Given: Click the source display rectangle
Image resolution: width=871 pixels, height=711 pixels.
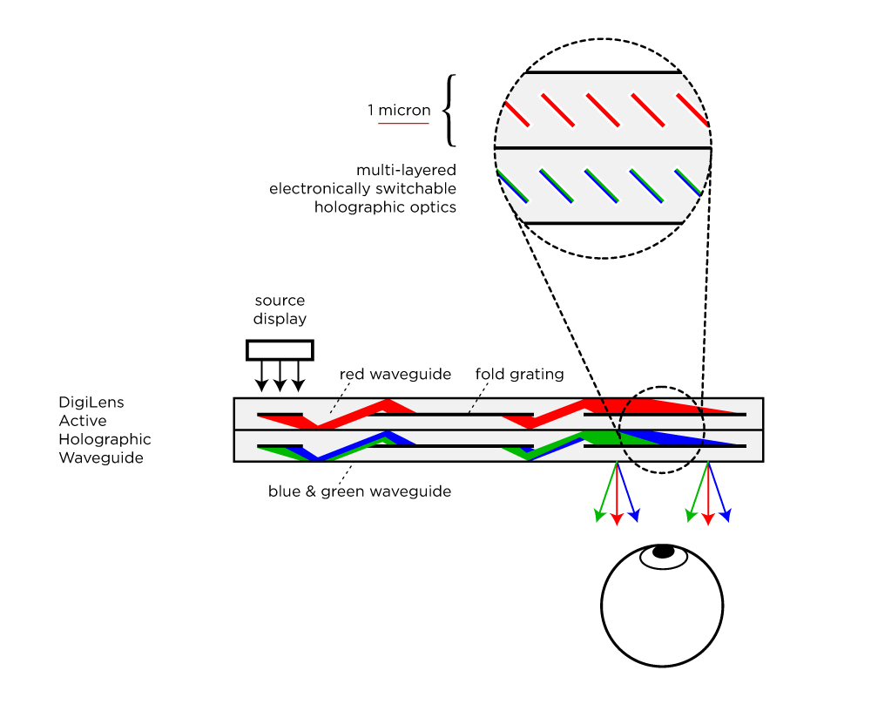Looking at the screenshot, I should click(280, 349).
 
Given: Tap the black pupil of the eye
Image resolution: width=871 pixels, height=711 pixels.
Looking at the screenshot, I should click(664, 551).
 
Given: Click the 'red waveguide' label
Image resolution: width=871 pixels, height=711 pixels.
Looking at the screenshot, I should click(395, 374).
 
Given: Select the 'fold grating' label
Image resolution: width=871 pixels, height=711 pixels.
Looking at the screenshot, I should click(519, 374).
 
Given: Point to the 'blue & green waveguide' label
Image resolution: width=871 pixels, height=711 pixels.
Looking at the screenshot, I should click(360, 491).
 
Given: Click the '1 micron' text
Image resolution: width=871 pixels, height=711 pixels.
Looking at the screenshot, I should click(399, 111).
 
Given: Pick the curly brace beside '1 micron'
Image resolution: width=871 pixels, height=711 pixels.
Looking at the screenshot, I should click(449, 110).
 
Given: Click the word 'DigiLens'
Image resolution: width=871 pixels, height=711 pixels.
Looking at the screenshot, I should click(92, 403).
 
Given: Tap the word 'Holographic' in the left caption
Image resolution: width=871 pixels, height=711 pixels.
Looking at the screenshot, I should click(105, 439).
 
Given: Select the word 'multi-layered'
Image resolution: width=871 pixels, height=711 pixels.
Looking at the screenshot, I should click(406, 169).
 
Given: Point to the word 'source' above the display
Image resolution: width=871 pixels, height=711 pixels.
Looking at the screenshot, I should click(280, 301).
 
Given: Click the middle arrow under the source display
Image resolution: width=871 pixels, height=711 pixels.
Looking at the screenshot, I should click(280, 376).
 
